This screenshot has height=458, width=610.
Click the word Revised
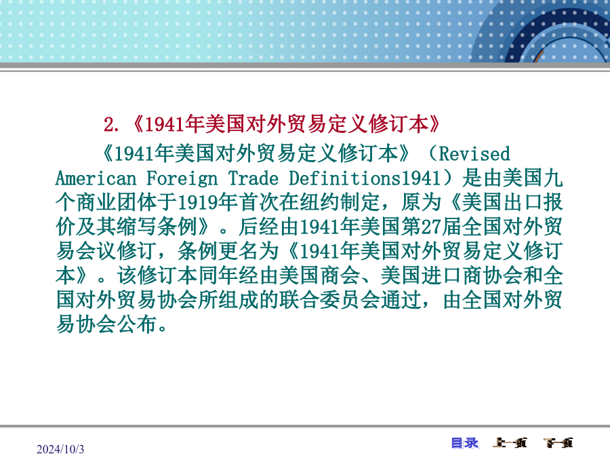(x=474, y=154)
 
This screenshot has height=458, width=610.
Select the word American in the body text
(x=96, y=178)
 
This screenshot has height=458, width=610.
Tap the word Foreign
(x=182, y=179)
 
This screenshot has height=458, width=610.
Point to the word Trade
(x=253, y=178)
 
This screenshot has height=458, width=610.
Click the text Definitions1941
(x=364, y=178)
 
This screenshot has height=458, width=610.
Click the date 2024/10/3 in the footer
(x=60, y=449)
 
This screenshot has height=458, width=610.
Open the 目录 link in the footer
(x=465, y=443)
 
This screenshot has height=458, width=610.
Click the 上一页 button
(x=510, y=443)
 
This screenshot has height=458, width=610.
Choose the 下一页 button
(x=558, y=443)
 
